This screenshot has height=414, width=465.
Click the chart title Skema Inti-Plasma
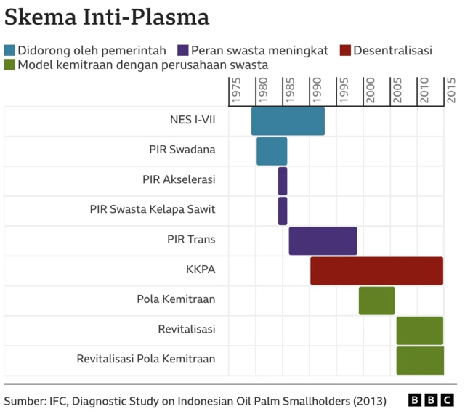coord(107,17)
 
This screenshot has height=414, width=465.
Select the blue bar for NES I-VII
coord(288,121)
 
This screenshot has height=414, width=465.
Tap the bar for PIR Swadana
coord(272,150)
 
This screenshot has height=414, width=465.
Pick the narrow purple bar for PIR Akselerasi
coord(283,180)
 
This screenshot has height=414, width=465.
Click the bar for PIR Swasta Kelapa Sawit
coord(283,211)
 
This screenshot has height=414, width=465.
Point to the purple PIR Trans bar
coord(323,240)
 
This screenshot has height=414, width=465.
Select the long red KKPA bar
coord(376,270)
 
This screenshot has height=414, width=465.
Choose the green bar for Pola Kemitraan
coord(376,301)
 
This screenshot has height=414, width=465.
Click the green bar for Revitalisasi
coord(419,330)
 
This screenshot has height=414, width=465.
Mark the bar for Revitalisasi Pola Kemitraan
coord(419,360)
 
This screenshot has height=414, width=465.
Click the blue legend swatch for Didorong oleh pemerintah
coord(9,50)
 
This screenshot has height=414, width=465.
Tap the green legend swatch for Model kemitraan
coord(9,65)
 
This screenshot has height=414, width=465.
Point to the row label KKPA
coord(201,270)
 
